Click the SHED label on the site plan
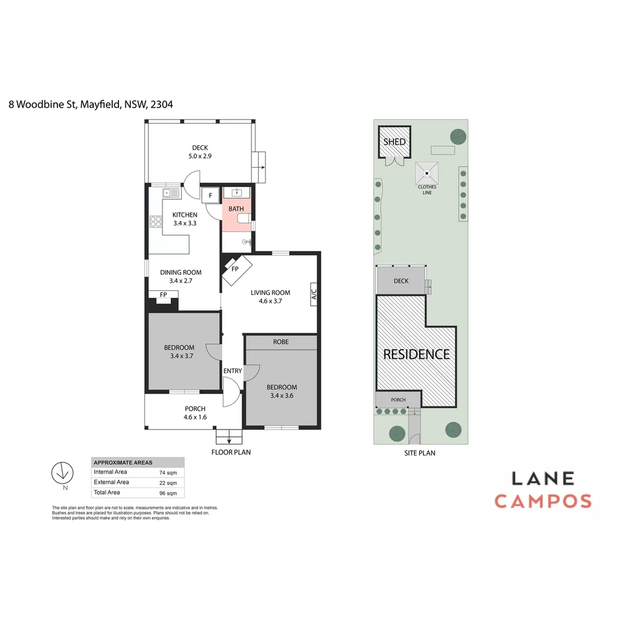click(x=394, y=142)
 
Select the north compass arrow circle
click(x=62, y=473)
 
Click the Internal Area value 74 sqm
click(x=168, y=473)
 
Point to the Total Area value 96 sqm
click(x=168, y=493)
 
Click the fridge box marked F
click(x=210, y=195)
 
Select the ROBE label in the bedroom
click(x=281, y=342)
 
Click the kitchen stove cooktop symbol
click(x=155, y=221)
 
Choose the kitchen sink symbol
click(x=171, y=193)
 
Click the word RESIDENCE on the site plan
click(x=416, y=354)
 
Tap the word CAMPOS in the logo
click(x=543, y=501)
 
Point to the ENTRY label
click(x=232, y=371)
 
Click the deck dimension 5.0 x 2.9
click(x=200, y=156)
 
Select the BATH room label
click(x=236, y=209)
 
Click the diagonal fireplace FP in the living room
click(x=236, y=269)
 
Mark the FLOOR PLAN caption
click(x=231, y=452)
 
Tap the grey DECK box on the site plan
click(x=401, y=281)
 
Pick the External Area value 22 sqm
click(x=168, y=483)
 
